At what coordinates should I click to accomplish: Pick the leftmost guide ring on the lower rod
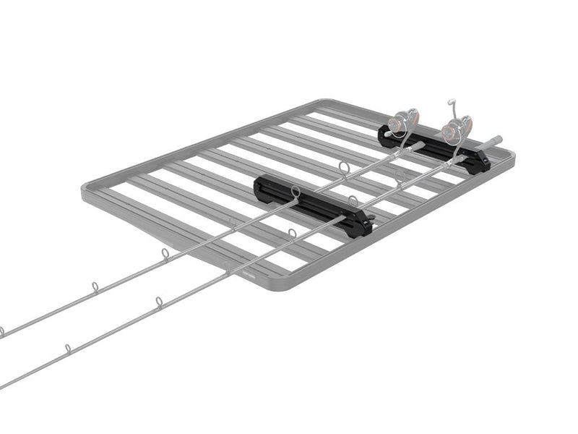tap(67, 349)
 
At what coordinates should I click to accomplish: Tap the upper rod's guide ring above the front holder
tap(295, 191)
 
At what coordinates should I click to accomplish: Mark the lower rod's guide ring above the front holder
tap(351, 199)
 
